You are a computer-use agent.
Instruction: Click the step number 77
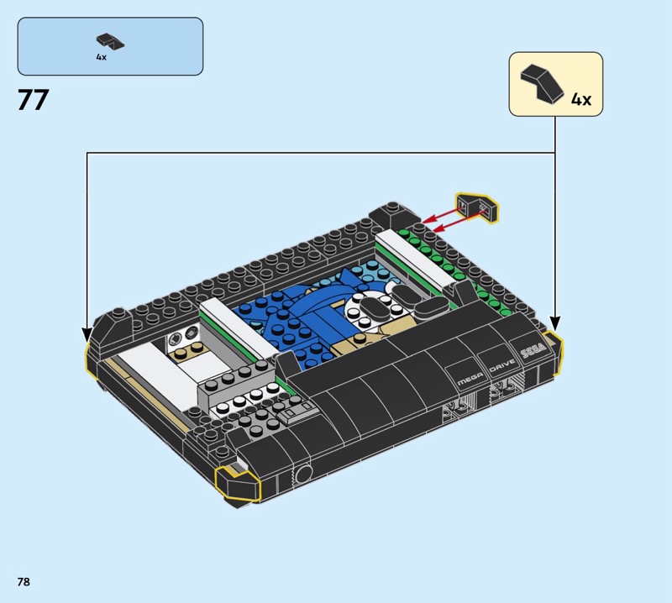[x=33, y=100]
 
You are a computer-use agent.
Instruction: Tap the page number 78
[x=24, y=581]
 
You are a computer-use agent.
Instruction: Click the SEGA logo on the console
[x=533, y=350]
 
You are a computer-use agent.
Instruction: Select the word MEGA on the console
[x=470, y=379]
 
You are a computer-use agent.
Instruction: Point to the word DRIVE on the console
[x=502, y=365]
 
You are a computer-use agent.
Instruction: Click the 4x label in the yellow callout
[x=580, y=100]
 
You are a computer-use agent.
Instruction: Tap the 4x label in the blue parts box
[x=101, y=57]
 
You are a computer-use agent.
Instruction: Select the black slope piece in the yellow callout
[x=542, y=83]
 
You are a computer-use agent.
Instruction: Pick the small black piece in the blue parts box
[x=110, y=40]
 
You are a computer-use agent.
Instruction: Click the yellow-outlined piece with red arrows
[x=477, y=207]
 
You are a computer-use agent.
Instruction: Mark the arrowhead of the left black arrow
[x=87, y=335]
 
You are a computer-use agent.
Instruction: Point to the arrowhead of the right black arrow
[x=555, y=324]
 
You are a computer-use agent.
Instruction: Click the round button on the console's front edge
[x=303, y=474]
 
